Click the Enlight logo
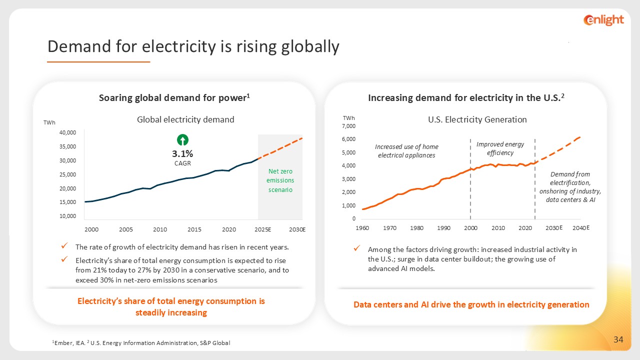pyautogui.click(x=603, y=20)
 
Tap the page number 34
pyautogui.click(x=618, y=340)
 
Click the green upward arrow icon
pyautogui.click(x=183, y=140)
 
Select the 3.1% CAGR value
pyautogui.click(x=183, y=154)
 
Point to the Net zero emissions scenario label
pyautogui.click(x=280, y=180)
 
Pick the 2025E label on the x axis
pyautogui.click(x=262, y=229)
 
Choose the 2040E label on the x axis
pyautogui.click(x=581, y=228)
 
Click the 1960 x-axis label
pyautogui.click(x=362, y=228)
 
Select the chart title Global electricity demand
pyautogui.click(x=185, y=119)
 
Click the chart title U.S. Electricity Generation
pyautogui.click(x=477, y=119)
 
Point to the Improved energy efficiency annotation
pyautogui.click(x=500, y=148)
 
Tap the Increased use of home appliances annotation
pyautogui.click(x=406, y=151)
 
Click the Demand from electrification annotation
pyautogui.click(x=570, y=187)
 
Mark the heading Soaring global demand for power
pyautogui.click(x=174, y=98)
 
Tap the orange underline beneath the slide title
pyautogui.click(x=98, y=62)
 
